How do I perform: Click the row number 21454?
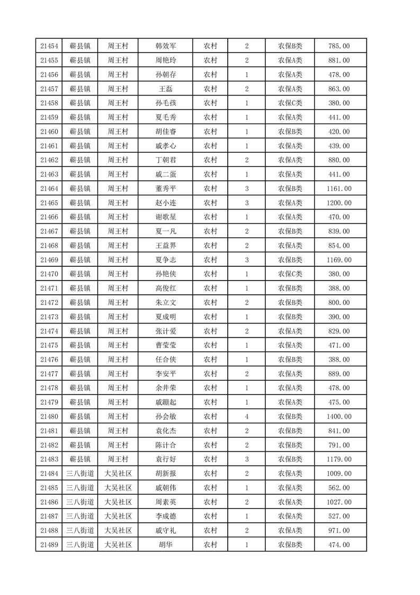tap(49, 46)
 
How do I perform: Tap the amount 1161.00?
tap(339, 188)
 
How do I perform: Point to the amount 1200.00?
tap(339, 203)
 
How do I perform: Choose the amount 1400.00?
tap(339, 416)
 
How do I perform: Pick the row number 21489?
tap(49, 545)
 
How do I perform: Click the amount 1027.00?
tap(339, 502)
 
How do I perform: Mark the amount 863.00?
tap(339, 89)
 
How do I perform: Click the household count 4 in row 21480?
tap(247, 416)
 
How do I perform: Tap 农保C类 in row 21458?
tap(290, 103)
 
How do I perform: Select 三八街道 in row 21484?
tap(81, 473)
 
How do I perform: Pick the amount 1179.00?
tap(339, 459)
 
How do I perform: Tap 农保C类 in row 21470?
tap(290, 274)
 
